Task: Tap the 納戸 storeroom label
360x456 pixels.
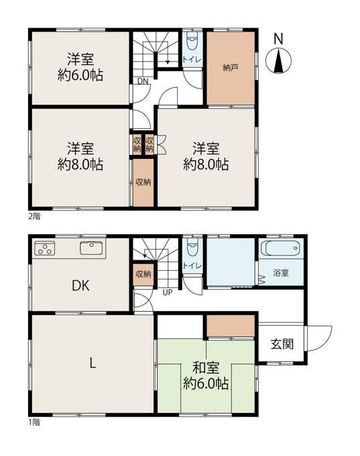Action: click(x=231, y=68)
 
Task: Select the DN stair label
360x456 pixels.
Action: click(x=143, y=81)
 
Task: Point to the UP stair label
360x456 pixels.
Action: click(x=168, y=292)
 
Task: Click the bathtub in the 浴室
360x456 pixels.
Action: click(x=281, y=247)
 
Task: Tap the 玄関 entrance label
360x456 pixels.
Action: click(x=282, y=344)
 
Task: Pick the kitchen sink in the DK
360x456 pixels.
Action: click(x=91, y=248)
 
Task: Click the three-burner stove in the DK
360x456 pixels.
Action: click(x=45, y=248)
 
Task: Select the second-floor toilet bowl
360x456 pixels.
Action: click(x=192, y=41)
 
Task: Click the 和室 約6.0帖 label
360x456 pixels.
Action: click(x=206, y=376)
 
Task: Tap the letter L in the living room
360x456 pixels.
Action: click(x=93, y=363)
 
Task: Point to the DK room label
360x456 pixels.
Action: click(x=80, y=286)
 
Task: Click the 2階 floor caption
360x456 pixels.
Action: click(x=34, y=217)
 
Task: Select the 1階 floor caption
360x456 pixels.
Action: click(x=34, y=422)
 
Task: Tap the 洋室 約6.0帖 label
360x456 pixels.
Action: click(x=80, y=67)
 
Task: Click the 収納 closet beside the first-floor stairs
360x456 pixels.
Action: click(x=143, y=274)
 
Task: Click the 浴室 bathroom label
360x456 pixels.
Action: click(x=281, y=273)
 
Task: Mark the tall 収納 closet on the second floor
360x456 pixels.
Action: click(x=143, y=182)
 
